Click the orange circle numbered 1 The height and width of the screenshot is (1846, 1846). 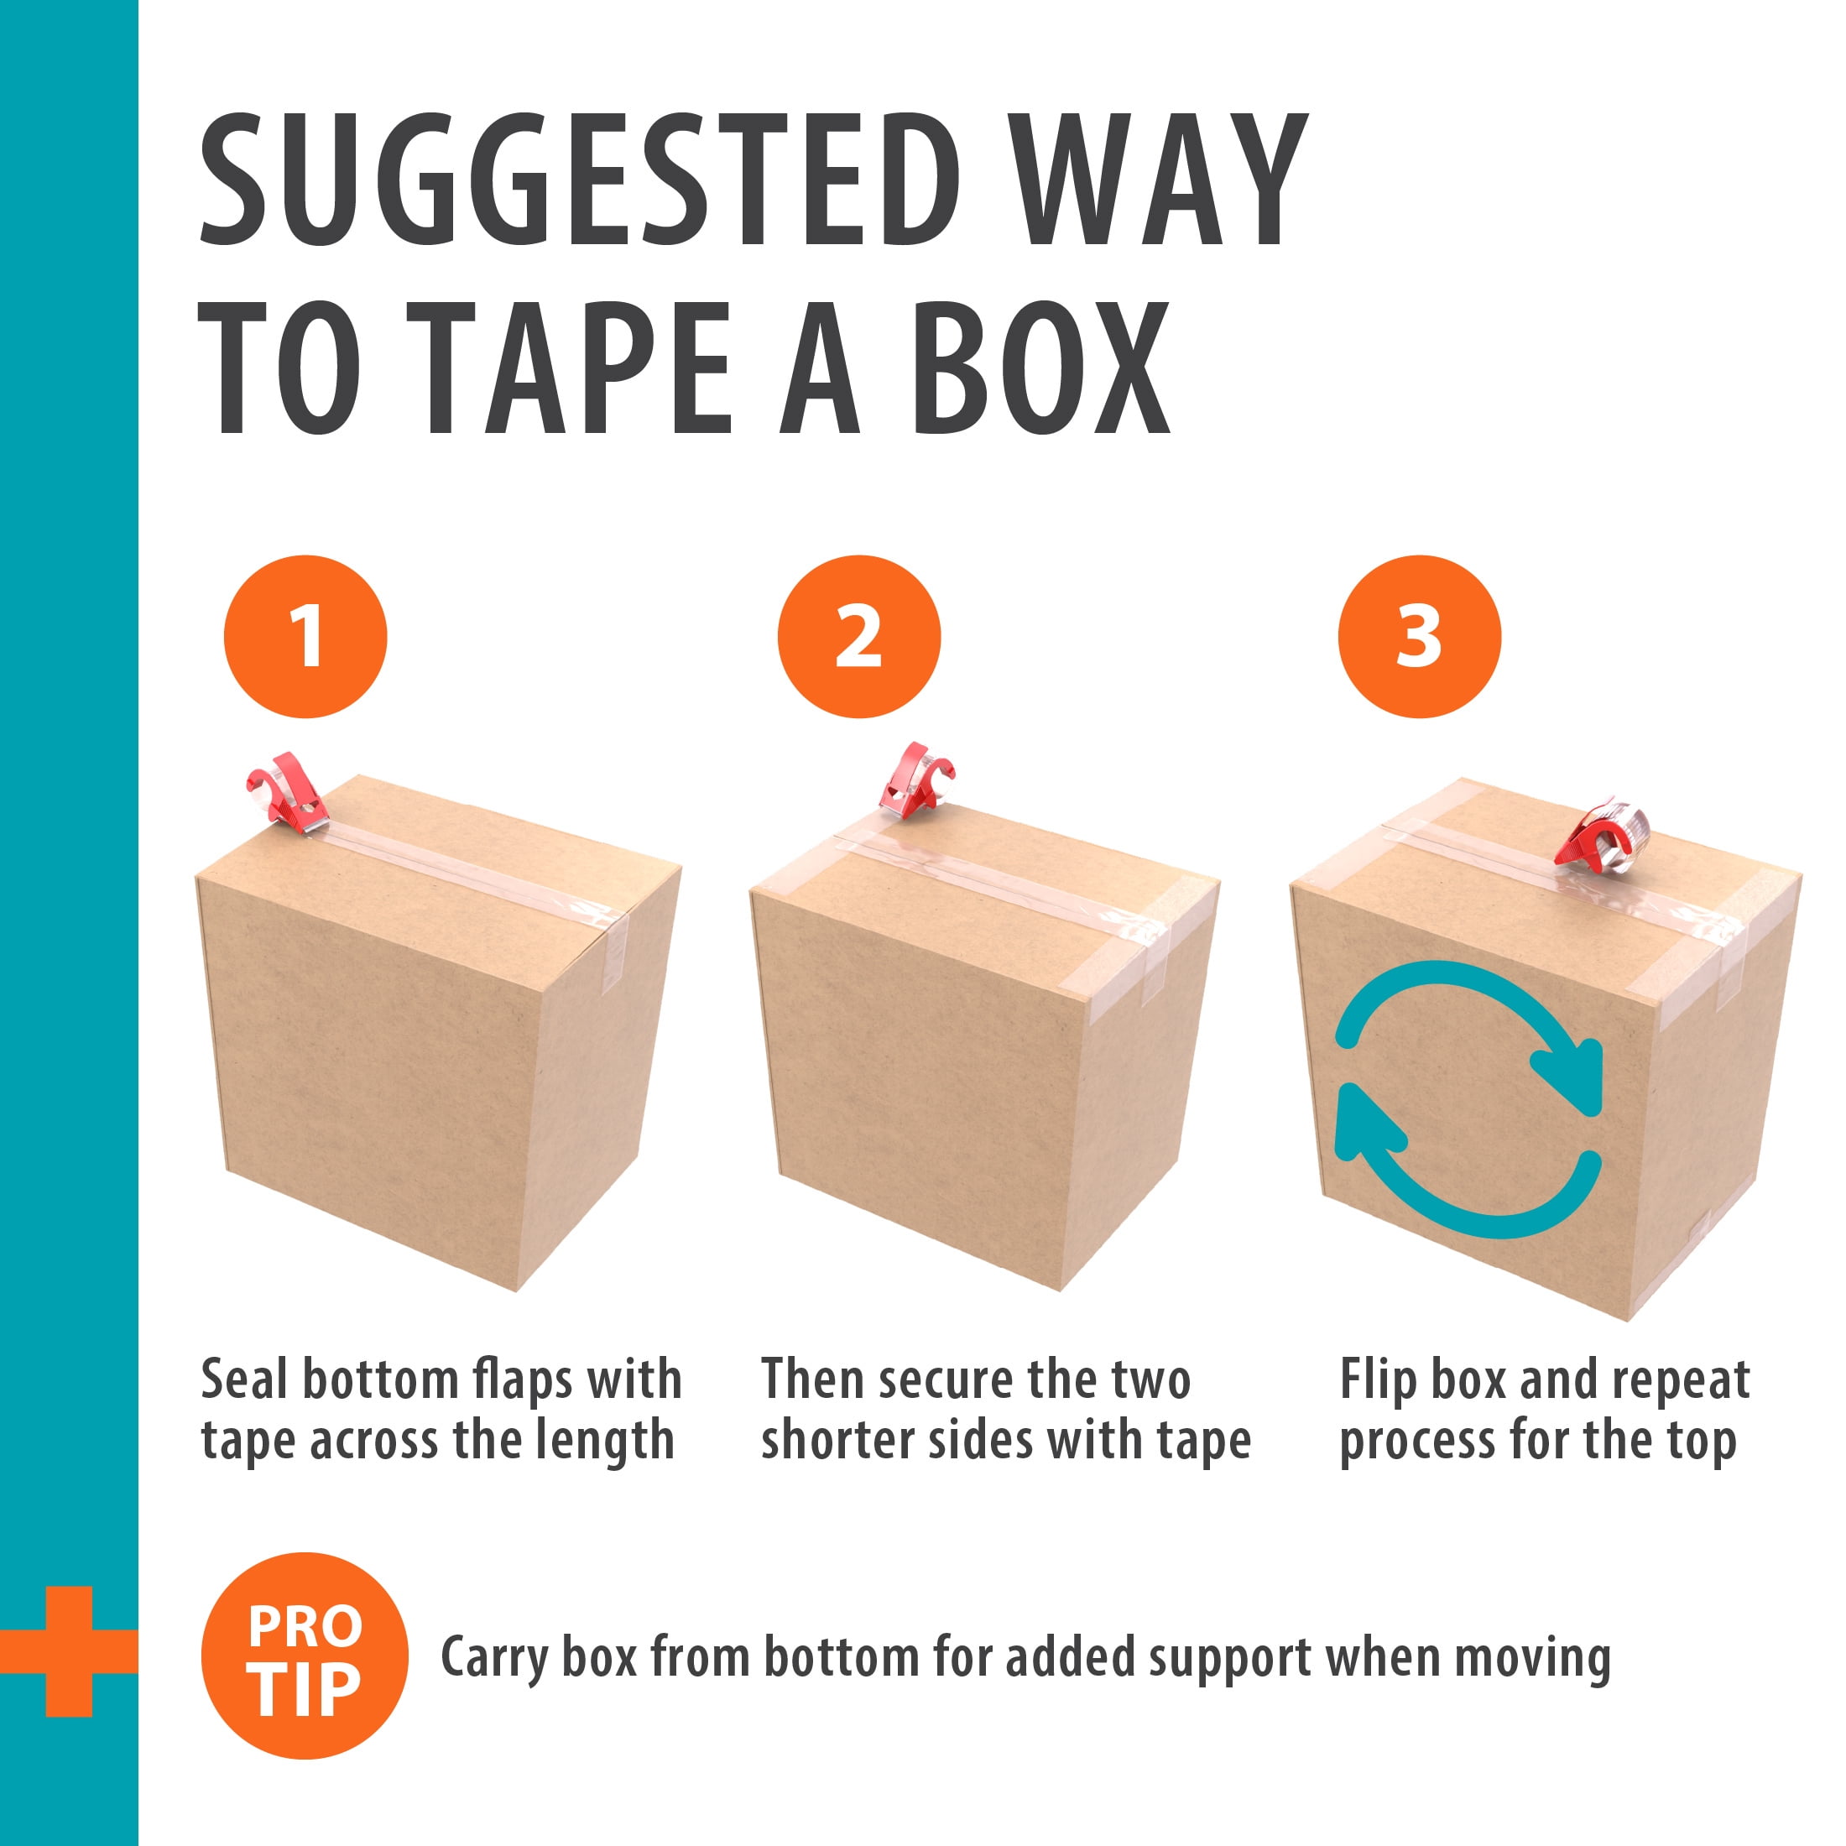(305, 636)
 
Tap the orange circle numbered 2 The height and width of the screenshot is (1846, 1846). (859, 636)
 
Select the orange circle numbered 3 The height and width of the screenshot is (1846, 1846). (1419, 636)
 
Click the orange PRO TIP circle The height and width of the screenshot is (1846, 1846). (305, 1656)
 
